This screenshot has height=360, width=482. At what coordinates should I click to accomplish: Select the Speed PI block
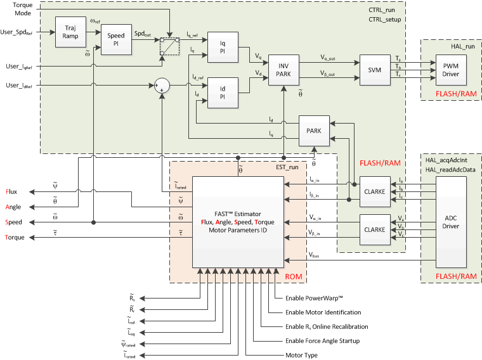[x=116, y=39]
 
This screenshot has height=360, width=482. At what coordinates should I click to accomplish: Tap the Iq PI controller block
[x=223, y=46]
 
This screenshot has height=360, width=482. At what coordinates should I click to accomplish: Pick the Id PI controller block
[x=223, y=93]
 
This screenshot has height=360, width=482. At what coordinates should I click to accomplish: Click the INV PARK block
[x=283, y=70]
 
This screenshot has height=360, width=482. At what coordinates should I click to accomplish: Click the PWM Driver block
[x=450, y=70]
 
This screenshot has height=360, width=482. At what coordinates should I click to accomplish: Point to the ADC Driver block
[x=450, y=222]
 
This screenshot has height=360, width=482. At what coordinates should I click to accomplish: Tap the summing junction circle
[x=162, y=84]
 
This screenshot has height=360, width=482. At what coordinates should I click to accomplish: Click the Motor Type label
[x=301, y=355]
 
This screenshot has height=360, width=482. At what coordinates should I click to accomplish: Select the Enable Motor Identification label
[x=323, y=312]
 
